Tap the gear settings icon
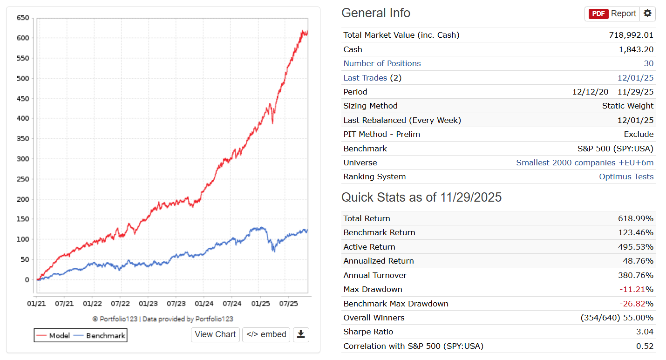(x=647, y=14)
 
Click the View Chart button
(x=215, y=334)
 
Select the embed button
(x=266, y=334)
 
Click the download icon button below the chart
(x=301, y=334)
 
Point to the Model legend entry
(x=54, y=335)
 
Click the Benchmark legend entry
(x=100, y=335)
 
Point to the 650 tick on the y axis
(x=22, y=18)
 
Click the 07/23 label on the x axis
(x=176, y=304)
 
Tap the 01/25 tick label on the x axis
(x=260, y=304)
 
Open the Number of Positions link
(x=382, y=63)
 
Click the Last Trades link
(x=365, y=78)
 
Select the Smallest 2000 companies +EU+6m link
(x=584, y=163)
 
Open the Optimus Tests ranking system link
(x=626, y=177)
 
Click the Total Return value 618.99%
(x=635, y=218)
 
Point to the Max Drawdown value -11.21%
(x=636, y=289)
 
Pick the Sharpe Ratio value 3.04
(x=645, y=332)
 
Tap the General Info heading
(x=376, y=13)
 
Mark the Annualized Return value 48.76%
(x=638, y=261)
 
